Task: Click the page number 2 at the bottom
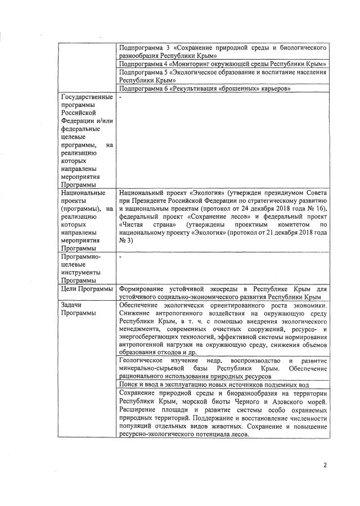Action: (324, 465)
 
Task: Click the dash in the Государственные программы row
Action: (121, 98)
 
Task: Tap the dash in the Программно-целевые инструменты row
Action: (121, 256)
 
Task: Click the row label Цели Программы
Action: (85, 288)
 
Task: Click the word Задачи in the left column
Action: (73, 305)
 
